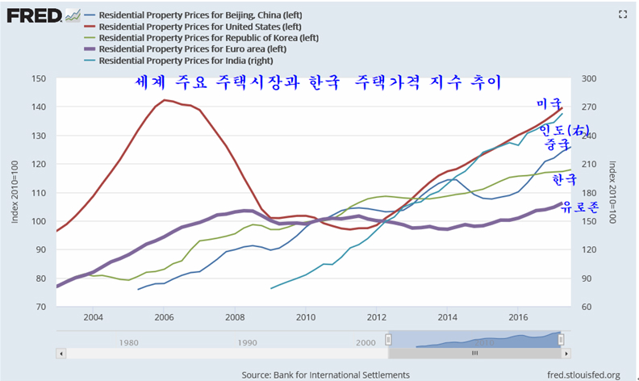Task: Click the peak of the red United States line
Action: pos(165,100)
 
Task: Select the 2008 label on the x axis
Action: pos(235,316)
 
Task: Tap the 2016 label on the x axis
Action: pos(519,316)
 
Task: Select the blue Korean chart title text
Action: pos(318,83)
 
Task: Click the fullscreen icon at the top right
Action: pos(622,14)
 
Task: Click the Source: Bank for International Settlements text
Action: pos(325,375)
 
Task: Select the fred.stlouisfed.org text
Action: pos(583,375)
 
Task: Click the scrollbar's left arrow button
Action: pos(61,353)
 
